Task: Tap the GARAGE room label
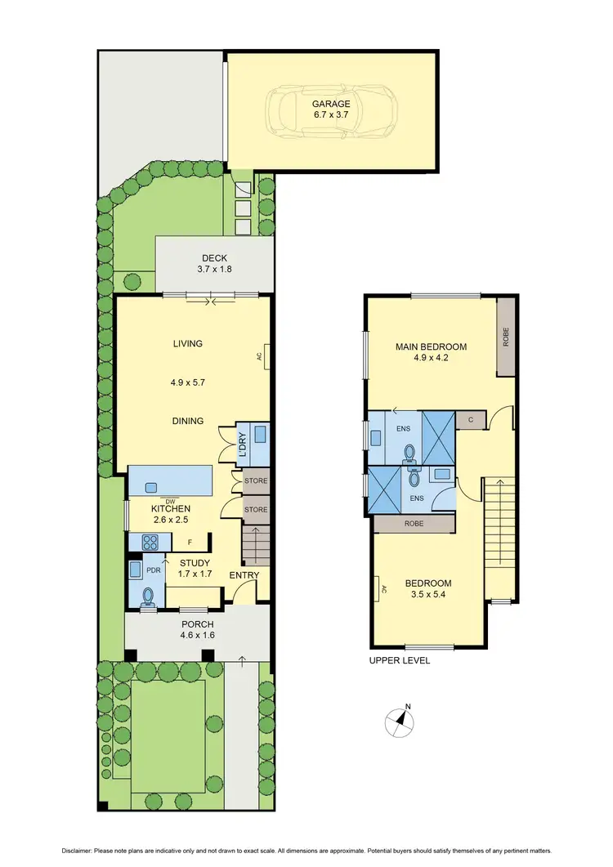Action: click(x=331, y=104)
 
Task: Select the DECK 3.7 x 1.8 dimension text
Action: click(x=213, y=269)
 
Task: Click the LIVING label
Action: click(x=187, y=344)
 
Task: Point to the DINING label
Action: click(x=187, y=421)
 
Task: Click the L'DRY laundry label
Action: click(x=243, y=444)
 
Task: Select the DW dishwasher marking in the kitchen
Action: click(x=170, y=501)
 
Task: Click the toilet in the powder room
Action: click(x=149, y=596)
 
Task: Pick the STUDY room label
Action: click(x=194, y=563)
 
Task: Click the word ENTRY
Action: click(x=244, y=575)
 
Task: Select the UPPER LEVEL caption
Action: click(x=399, y=660)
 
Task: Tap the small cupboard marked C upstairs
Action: click(x=472, y=420)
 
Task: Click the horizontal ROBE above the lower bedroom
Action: click(x=414, y=524)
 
